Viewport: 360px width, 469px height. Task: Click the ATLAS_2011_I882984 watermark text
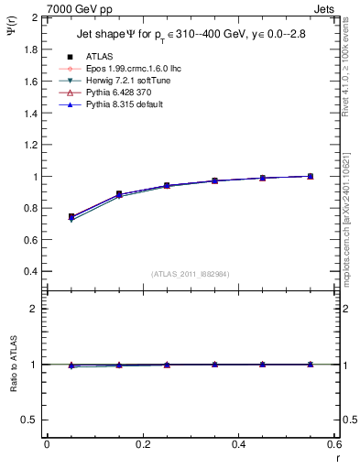[x=189, y=275]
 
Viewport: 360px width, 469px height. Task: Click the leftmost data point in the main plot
[x=71, y=217]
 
